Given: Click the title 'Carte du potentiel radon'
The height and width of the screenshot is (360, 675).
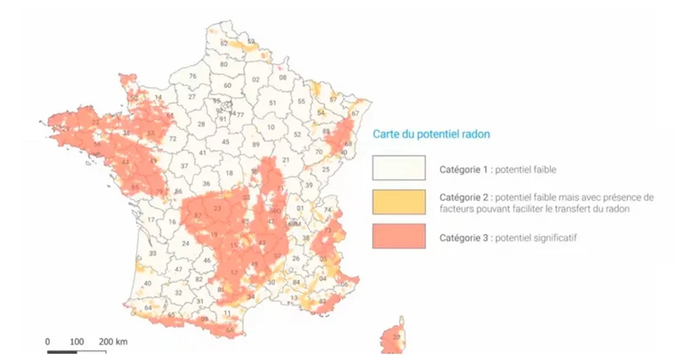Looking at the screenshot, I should [431, 134].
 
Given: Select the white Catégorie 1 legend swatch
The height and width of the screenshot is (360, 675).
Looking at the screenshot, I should [398, 168].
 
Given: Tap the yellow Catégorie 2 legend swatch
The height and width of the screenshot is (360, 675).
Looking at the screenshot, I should [398, 202].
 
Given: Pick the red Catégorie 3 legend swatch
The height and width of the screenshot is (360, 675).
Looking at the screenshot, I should [398, 236].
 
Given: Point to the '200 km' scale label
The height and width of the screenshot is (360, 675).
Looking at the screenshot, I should [113, 341].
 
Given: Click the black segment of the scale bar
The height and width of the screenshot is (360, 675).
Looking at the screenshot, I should [63, 351].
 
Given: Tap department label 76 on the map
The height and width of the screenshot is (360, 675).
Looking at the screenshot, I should [192, 76].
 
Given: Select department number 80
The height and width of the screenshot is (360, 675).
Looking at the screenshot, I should [224, 64].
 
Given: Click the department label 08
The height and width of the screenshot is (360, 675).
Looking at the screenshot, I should [282, 77].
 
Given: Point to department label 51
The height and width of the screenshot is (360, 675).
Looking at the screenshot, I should [272, 103].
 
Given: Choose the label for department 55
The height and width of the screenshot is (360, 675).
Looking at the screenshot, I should [301, 101].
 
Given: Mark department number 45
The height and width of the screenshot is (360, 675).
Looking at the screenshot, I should [225, 142].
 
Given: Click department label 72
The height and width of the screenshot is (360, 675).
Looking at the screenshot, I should [172, 139].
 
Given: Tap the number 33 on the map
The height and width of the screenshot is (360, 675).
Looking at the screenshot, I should [153, 253].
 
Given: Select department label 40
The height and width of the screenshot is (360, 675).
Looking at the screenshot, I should [147, 283].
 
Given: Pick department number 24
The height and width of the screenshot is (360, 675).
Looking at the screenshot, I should [185, 243].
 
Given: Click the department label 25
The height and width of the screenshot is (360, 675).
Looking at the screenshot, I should [326, 169].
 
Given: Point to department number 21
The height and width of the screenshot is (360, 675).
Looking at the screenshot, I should [285, 160].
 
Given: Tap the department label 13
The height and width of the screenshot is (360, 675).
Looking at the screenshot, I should [293, 298].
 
